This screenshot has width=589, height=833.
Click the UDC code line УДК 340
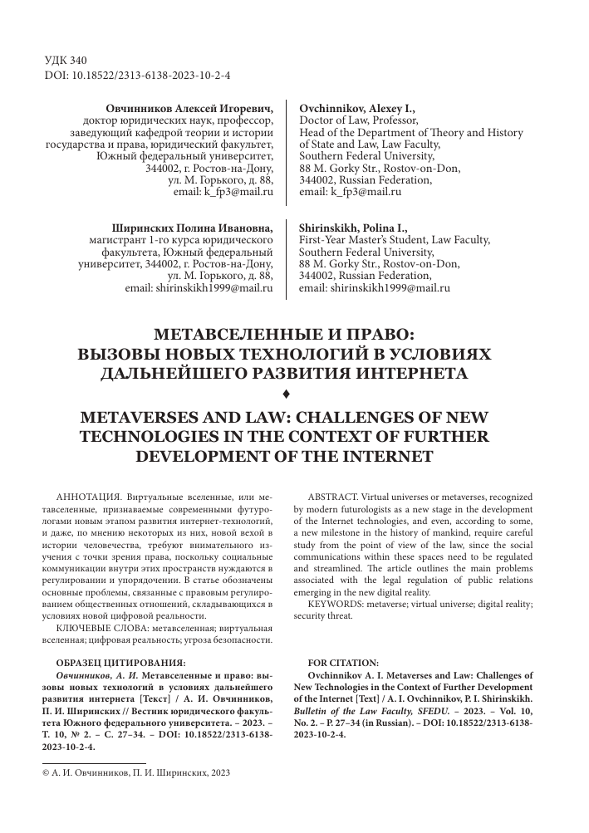coord(64,61)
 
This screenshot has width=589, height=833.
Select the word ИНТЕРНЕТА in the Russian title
coord(405,374)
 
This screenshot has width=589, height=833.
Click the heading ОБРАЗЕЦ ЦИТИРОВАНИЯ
coord(120,663)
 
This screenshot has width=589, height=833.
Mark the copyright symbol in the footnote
coord(46,772)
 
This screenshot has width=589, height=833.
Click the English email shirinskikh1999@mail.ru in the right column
coord(374,289)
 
